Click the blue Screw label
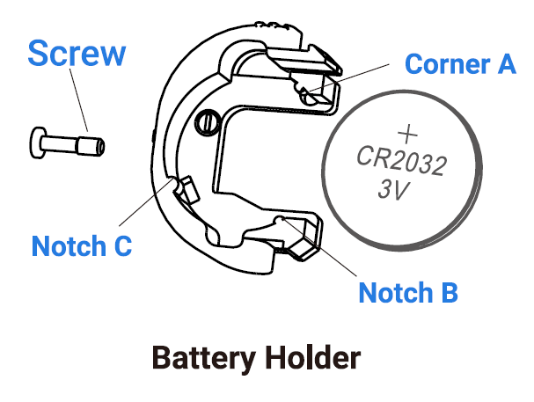pos(77,55)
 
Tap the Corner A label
pos(459,64)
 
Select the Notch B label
pos(408,292)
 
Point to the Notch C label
pos(81,245)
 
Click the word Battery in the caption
pos(203,359)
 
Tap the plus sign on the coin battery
pos(406,134)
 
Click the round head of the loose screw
pos(39,141)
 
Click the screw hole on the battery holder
pos(207,119)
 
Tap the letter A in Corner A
pos(505,64)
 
